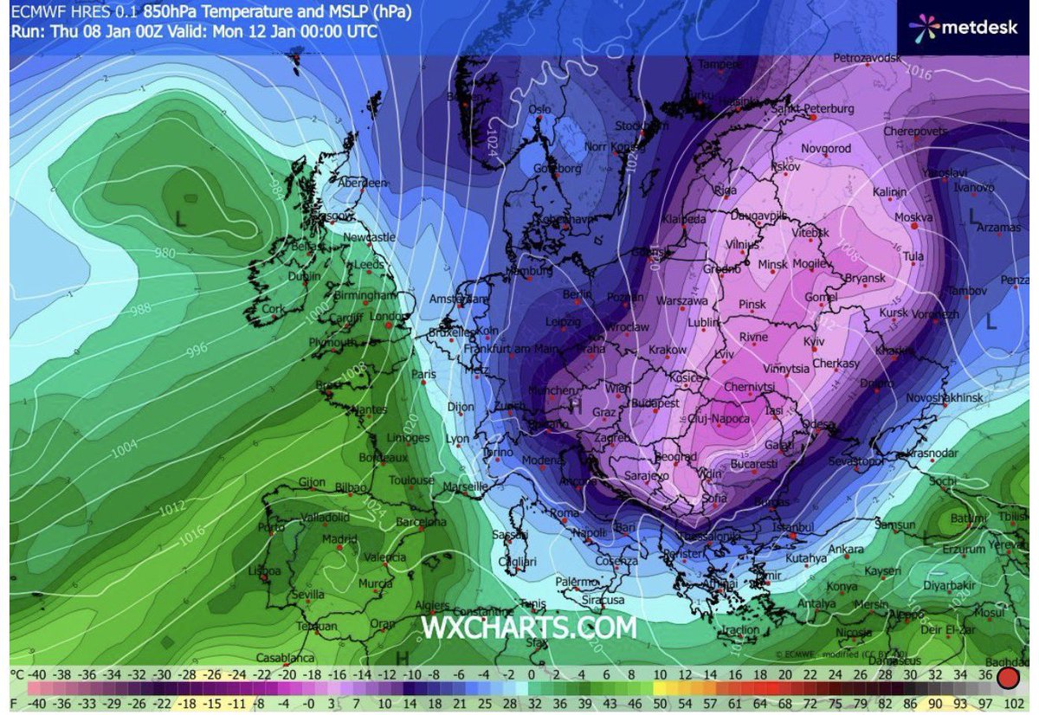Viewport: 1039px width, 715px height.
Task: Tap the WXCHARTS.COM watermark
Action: pos(528,627)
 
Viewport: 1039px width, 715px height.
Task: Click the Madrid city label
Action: pos(339,538)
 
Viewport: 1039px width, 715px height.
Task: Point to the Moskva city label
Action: pos(913,216)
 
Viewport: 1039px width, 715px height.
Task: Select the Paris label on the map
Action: pos(423,375)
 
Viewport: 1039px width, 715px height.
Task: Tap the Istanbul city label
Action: pos(794,526)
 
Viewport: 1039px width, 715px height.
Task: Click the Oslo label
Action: pos(540,109)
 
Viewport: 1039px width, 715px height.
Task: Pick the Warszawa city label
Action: pos(682,301)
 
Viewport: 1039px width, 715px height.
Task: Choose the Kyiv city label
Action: pos(815,342)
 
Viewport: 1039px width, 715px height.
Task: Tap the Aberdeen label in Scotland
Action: pos(363,183)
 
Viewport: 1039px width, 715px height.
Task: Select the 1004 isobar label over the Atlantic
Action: pos(124,450)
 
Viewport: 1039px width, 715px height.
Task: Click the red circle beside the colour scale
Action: pos(1008,676)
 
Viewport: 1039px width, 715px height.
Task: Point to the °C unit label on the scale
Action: pos(16,673)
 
